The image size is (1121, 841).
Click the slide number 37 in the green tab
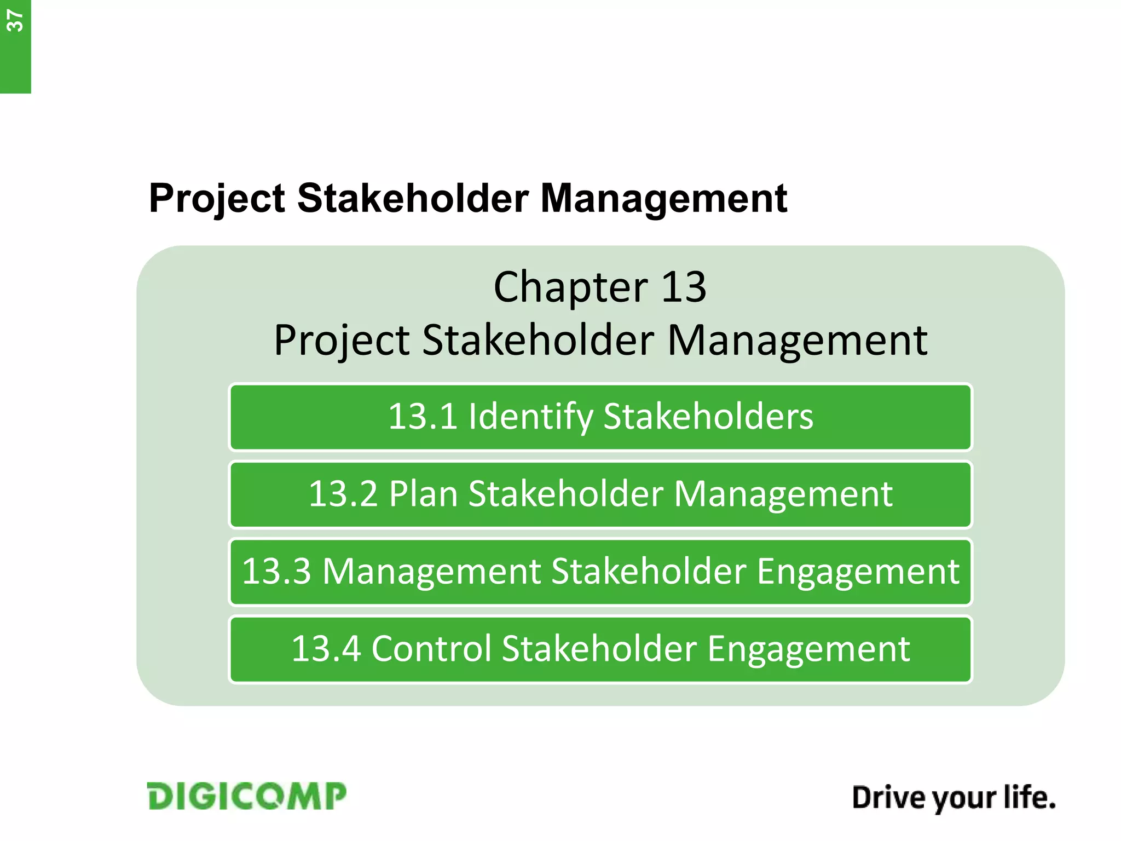coord(15,22)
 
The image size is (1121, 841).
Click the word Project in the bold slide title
coord(217,198)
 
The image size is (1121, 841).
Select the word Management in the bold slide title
coord(663,198)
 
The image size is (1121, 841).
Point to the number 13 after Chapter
coord(684,287)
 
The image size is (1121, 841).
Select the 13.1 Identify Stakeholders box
coord(600,417)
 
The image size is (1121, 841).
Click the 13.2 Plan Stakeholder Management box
coord(600,494)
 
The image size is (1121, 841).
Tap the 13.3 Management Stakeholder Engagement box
coord(600,572)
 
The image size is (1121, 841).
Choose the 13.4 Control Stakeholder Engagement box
coord(600,649)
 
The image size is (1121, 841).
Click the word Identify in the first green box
coord(530,417)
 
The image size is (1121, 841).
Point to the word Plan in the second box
coord(423,494)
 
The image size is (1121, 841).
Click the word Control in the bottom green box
coord(431,649)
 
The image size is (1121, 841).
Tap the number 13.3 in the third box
coord(276,572)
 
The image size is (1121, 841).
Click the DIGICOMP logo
coord(247,796)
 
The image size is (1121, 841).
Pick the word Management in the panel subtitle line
coord(797,341)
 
